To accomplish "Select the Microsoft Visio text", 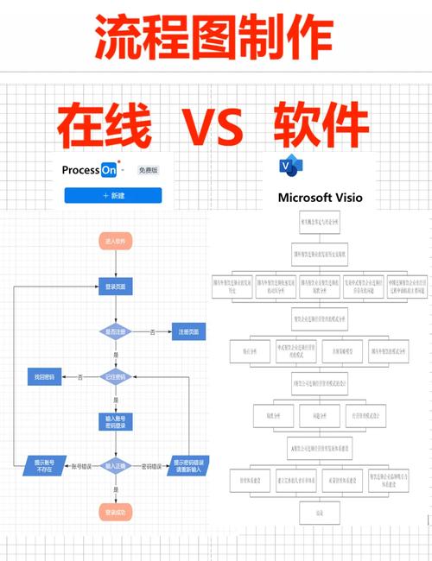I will pos(321,197).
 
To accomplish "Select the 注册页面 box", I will pos(189,331).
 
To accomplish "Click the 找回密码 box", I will pos(44,377).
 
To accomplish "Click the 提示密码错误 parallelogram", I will pos(188,465).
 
